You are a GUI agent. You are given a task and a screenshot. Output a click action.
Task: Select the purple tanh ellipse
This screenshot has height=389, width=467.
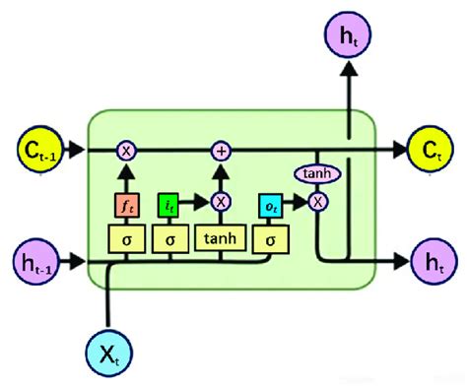[x=317, y=174]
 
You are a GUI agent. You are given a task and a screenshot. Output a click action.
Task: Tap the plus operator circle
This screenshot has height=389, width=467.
[x=221, y=150]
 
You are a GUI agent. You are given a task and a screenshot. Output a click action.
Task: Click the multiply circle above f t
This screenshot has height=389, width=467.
[x=126, y=150]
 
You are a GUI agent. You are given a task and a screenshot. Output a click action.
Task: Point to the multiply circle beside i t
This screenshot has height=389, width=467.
[x=221, y=202]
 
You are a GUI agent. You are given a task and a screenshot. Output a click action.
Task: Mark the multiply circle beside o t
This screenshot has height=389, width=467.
[x=317, y=202]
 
